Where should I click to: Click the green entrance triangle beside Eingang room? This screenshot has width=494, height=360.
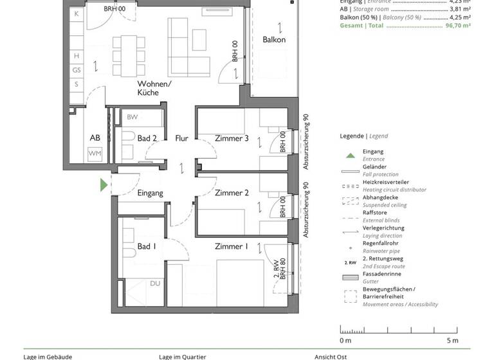[104, 185]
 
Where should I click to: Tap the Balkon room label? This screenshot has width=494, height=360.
[274, 40]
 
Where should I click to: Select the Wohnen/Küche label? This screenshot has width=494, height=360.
[154, 88]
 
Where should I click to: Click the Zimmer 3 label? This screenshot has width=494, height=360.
[232, 138]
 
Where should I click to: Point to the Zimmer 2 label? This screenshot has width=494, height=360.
[232, 193]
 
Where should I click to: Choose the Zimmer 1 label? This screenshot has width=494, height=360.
[232, 246]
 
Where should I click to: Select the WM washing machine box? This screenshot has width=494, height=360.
[95, 153]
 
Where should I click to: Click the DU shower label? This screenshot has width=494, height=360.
[155, 283]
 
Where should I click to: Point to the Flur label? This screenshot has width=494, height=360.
[181, 138]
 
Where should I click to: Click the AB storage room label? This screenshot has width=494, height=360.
[95, 138]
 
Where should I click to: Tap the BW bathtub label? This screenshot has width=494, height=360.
[132, 117]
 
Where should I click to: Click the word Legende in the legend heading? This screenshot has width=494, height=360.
[352, 136]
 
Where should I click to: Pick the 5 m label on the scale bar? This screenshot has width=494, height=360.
[452, 340]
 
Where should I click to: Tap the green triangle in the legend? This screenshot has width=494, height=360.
[350, 155]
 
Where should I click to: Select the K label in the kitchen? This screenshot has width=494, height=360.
[77, 14]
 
